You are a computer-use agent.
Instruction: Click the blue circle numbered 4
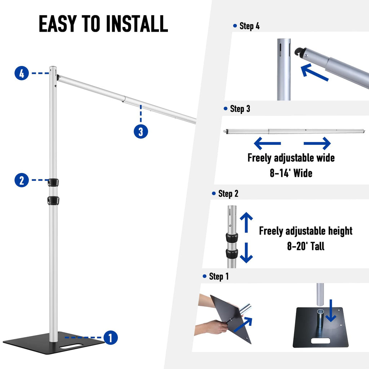(22, 73)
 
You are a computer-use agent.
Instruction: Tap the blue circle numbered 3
(141, 131)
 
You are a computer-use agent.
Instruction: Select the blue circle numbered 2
(22, 180)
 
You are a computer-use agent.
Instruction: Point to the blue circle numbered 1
(111, 337)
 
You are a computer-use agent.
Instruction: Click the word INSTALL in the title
(137, 23)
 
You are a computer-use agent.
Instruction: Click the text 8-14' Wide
(291, 173)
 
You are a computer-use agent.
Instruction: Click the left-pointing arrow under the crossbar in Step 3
(267, 143)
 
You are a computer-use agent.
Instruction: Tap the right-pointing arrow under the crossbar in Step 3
(317, 143)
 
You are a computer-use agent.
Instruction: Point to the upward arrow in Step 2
(246, 222)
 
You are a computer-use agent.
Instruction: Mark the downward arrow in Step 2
(246, 253)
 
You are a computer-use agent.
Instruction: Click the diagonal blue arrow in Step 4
(314, 72)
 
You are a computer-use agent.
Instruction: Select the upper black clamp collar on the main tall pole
(53, 183)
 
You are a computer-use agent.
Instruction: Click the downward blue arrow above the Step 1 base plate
(331, 311)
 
